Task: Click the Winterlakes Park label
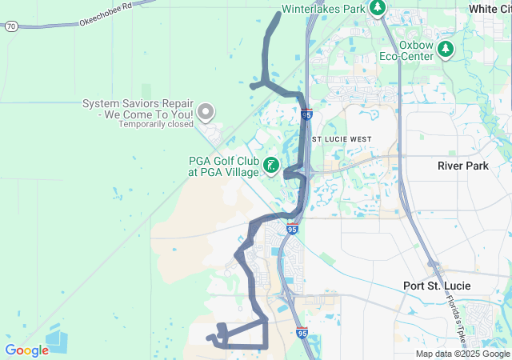322,9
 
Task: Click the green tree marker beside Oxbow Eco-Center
446,50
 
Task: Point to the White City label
490,9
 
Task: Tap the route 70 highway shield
10,26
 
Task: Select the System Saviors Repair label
138,109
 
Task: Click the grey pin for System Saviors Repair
206,113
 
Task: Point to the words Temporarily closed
156,124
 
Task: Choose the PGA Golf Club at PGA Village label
223,166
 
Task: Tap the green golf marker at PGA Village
272,166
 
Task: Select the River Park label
462,166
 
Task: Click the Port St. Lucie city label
437,286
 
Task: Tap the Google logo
26,350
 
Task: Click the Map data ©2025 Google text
462,354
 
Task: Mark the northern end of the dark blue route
278,14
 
